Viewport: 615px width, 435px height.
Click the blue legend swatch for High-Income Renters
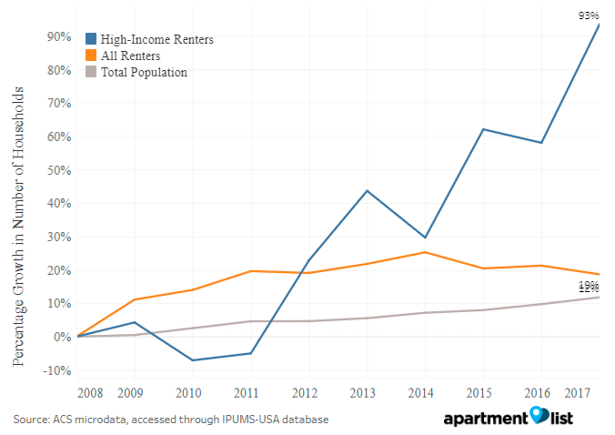point(92,39)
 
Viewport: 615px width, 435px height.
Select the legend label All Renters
point(131,56)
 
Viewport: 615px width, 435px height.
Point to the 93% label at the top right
point(588,15)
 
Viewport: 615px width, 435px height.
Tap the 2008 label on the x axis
point(89,392)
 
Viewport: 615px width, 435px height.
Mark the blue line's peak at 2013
point(367,190)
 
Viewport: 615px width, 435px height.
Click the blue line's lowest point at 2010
point(193,360)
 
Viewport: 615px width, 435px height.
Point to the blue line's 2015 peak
point(483,129)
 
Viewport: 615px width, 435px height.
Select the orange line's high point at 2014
point(425,252)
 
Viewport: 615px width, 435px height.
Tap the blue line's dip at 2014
point(425,238)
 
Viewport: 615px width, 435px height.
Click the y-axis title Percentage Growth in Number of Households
point(19,227)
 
